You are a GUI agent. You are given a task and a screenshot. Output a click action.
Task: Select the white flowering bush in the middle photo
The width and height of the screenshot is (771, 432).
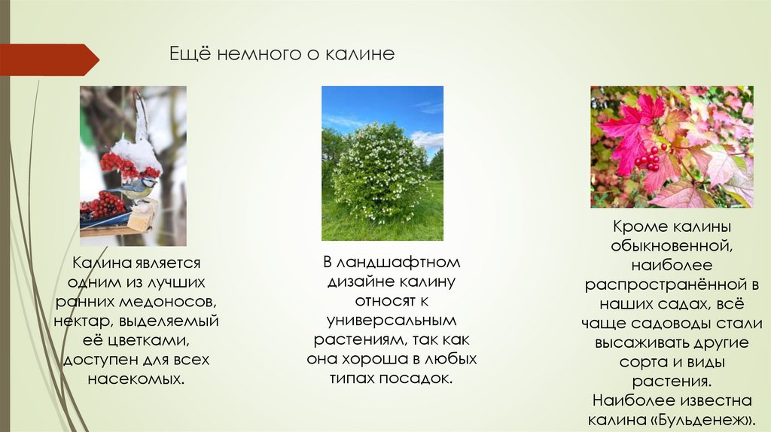(x=380, y=173)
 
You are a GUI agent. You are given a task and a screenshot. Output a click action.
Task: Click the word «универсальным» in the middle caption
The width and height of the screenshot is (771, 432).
(x=392, y=320)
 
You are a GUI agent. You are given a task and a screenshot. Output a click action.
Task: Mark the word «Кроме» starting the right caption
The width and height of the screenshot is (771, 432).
(x=638, y=226)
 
